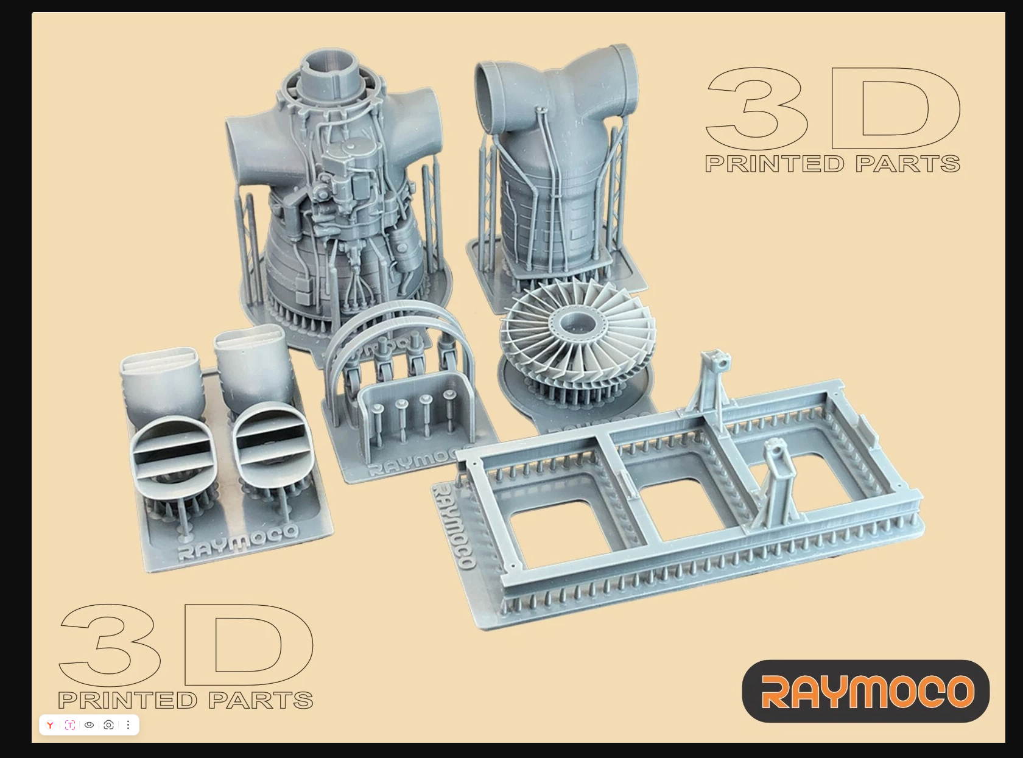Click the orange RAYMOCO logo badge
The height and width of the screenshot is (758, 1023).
(x=866, y=690)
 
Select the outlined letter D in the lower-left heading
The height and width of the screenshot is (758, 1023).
(x=249, y=645)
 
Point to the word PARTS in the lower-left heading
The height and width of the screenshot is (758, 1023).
(x=261, y=700)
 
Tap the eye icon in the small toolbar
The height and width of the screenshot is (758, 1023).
(x=89, y=725)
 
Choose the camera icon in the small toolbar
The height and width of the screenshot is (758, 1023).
(x=108, y=725)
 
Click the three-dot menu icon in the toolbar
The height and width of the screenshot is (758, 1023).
(x=128, y=725)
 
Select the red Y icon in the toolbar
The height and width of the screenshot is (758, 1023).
(x=50, y=725)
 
